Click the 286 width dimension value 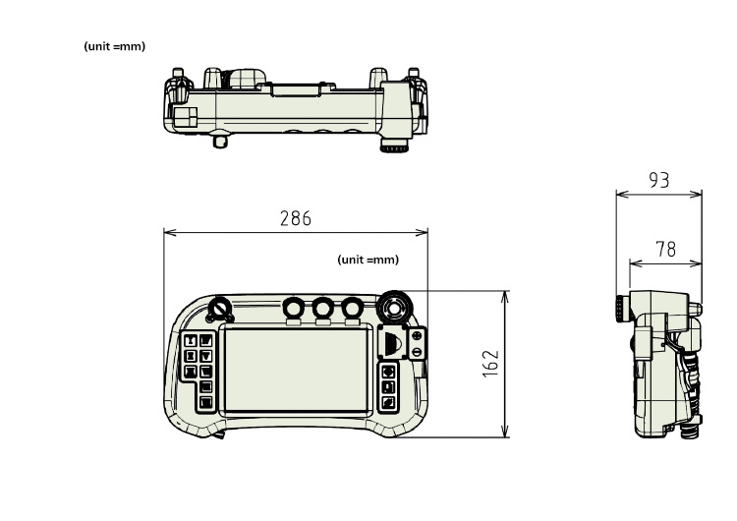tap(295, 218)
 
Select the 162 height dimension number tap(492, 363)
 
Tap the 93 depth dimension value tap(659, 180)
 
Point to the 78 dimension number tap(665, 250)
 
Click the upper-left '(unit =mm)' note tap(115, 47)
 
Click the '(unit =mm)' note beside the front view tap(368, 260)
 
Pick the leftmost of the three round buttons tap(293, 309)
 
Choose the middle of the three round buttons tap(322, 309)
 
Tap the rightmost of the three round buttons tap(351, 309)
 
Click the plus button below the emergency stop tap(417, 336)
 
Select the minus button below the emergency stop tap(417, 351)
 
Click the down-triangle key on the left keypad tap(206, 357)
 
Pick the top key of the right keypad tap(389, 373)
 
